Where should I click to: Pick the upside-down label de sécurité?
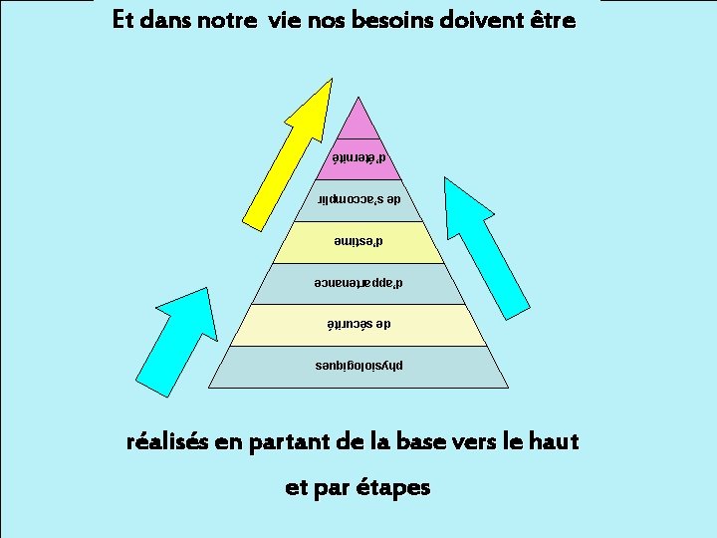[x=358, y=325]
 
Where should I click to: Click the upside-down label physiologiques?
[x=358, y=366]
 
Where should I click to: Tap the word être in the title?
[x=553, y=20]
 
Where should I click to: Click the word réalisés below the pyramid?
[x=166, y=441]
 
